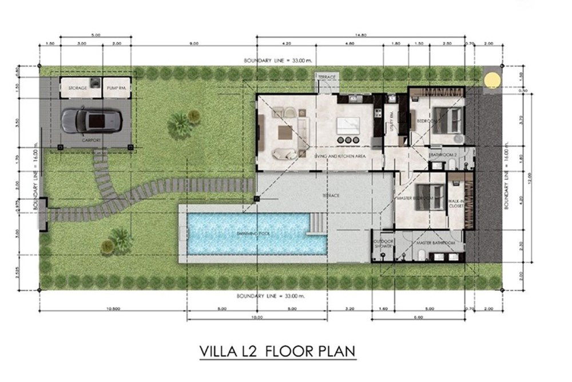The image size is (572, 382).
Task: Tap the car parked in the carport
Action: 92,120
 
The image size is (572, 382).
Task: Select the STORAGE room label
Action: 78,88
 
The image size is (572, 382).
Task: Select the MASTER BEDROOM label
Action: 414,198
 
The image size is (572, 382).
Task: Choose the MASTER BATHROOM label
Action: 435,243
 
